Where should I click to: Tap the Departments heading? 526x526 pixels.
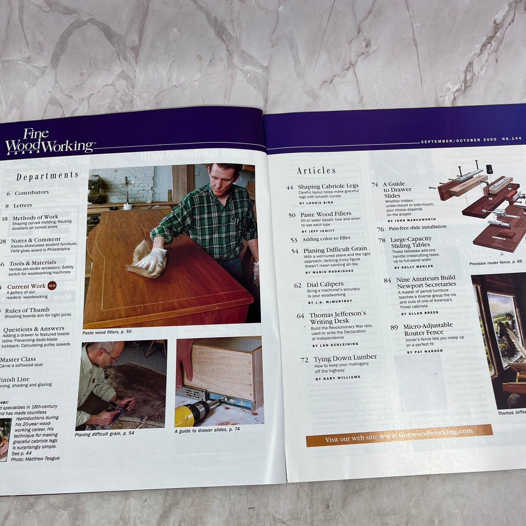click(x=47, y=176)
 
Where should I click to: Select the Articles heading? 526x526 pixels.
click(x=316, y=170)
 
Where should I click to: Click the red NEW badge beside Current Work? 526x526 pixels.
click(x=52, y=286)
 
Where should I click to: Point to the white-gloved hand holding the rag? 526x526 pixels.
click(x=151, y=259)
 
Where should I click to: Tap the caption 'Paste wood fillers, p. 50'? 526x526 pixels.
click(x=107, y=332)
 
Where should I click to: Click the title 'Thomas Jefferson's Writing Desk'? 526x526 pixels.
click(x=337, y=317)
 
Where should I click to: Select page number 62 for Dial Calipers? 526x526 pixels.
click(x=298, y=285)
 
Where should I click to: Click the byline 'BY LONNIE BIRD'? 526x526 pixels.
click(x=316, y=203)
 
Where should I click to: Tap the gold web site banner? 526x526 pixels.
click(x=399, y=435)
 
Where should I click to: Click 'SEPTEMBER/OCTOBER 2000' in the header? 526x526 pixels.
click(x=458, y=141)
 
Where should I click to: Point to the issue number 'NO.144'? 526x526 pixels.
click(x=511, y=139)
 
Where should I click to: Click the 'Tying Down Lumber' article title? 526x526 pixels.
click(x=345, y=358)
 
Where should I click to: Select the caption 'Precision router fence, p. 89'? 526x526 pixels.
click(x=495, y=262)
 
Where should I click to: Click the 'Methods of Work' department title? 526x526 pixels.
click(x=35, y=217)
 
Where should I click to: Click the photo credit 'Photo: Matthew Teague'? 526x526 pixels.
click(x=35, y=459)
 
